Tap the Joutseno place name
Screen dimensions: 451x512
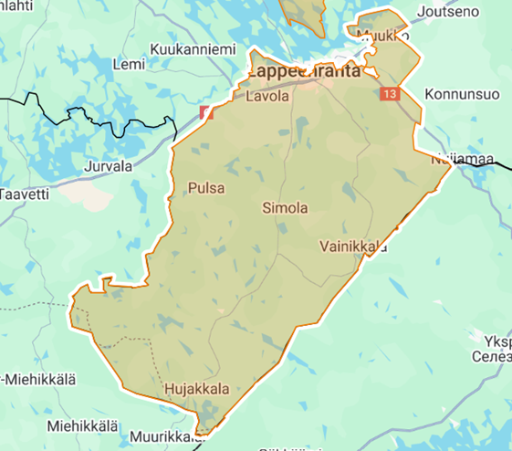(446, 13)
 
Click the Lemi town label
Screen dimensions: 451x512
(128, 65)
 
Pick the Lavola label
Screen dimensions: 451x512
(267, 95)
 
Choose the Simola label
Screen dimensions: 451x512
(285, 207)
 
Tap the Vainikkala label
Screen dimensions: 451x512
(353, 246)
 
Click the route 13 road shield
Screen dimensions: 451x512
(391, 94)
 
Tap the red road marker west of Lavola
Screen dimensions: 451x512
(206, 113)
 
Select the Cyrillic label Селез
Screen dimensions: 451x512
(492, 355)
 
